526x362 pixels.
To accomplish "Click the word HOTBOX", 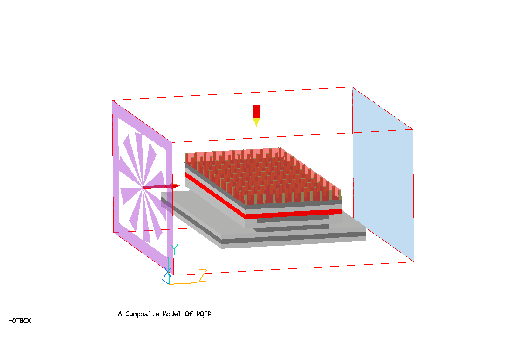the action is pyautogui.click(x=20, y=321).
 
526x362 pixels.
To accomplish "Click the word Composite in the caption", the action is pyautogui.click(x=142, y=314).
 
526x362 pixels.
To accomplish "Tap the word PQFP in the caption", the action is pyautogui.click(x=204, y=314).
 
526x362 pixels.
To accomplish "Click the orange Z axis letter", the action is pyautogui.click(x=202, y=275).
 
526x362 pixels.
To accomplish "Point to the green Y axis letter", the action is pyautogui.click(x=174, y=249).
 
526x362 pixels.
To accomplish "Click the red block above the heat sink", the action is pyautogui.click(x=256, y=112).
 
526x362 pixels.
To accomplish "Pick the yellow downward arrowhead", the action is pyautogui.click(x=256, y=121).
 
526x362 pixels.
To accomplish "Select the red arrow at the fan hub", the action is pyautogui.click(x=161, y=187).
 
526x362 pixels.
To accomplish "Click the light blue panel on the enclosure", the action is pyautogui.click(x=383, y=174).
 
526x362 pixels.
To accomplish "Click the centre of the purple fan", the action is pyautogui.click(x=143, y=188).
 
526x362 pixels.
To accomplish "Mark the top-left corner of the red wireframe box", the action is pyautogui.click(x=112, y=100).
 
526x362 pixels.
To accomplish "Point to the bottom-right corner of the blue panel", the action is pyautogui.click(x=414, y=262).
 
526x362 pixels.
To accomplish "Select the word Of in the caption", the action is pyautogui.click(x=189, y=314).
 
